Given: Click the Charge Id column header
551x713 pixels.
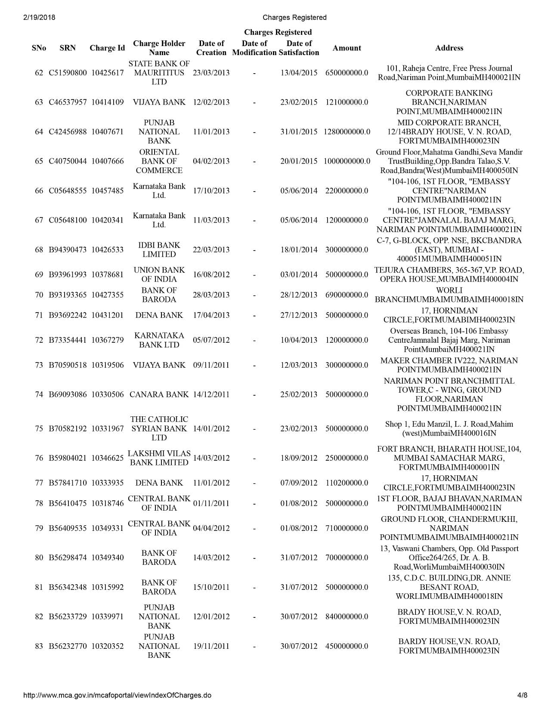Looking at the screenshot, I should (107, 48).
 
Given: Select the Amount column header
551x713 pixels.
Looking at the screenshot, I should (347, 48).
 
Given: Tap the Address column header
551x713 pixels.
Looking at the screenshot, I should (449, 48).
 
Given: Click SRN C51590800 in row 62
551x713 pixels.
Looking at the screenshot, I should (68, 73).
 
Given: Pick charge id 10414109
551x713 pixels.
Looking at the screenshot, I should (107, 102).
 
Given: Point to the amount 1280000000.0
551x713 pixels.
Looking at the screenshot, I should (347, 132).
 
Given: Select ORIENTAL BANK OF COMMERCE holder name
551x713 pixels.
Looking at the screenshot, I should (159, 161).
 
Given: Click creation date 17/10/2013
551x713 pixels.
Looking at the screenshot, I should (211, 191).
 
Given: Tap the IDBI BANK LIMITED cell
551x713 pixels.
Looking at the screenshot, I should (159, 250).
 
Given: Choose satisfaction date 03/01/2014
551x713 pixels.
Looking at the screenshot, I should (299, 275).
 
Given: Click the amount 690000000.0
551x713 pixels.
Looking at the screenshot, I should (347, 295).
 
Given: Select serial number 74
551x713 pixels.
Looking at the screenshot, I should (39, 394).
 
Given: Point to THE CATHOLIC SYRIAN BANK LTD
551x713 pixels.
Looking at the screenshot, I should (159, 428).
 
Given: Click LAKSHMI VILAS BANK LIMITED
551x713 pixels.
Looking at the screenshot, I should (159, 458).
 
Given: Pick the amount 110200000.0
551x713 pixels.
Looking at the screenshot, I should (347, 483).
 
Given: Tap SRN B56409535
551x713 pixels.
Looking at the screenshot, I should (68, 528).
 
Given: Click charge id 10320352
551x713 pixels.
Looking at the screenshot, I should (107, 646).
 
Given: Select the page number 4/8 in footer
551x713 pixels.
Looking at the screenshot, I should (522, 695).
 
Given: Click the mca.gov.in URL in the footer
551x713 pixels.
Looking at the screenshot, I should (117, 695).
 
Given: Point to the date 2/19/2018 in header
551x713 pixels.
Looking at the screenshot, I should (37, 18).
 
